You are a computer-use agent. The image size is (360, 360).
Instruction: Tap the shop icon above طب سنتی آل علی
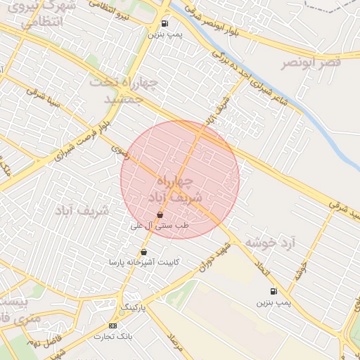160,215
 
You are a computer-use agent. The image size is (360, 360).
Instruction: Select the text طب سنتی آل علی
160,226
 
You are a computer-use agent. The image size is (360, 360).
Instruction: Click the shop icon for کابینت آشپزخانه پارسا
144,252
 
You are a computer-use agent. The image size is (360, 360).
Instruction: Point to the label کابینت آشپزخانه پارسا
144,262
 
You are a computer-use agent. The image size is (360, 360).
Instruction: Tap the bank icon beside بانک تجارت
112,326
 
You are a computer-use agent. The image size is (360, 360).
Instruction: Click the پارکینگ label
132,308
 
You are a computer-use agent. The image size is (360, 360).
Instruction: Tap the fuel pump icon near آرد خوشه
273,291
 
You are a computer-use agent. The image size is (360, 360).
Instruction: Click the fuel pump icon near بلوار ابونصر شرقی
165,23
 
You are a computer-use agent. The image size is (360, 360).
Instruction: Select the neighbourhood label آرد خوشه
271,243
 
